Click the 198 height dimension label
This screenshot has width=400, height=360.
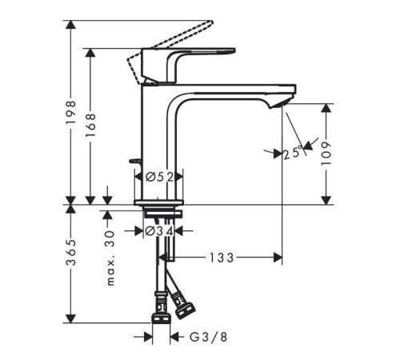click(71, 113)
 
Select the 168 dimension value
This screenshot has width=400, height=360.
click(90, 126)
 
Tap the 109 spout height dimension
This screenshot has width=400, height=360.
click(326, 154)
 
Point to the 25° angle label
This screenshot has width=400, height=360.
click(293, 153)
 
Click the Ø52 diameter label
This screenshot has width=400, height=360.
click(159, 177)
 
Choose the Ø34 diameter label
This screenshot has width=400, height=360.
click(159, 231)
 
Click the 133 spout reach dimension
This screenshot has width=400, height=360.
click(222, 258)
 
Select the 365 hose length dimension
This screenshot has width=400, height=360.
click(71, 253)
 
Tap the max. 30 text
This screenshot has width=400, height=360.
click(110, 258)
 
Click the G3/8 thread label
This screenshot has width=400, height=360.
click(209, 337)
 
